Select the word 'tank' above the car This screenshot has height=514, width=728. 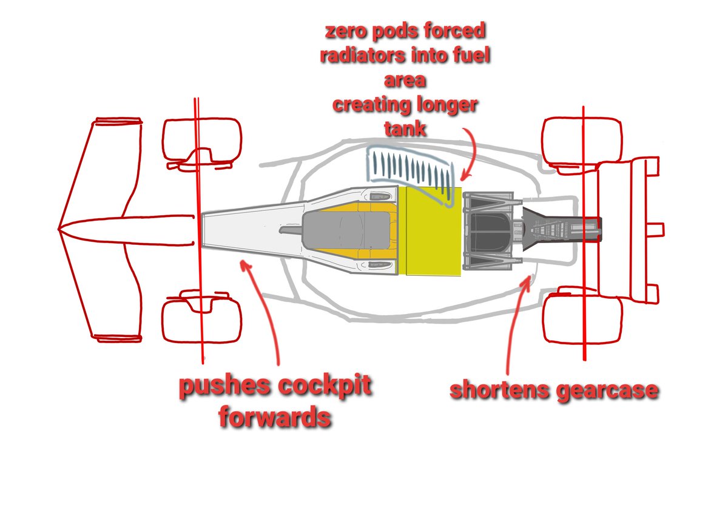[404, 129]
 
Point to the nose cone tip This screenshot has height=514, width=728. [61, 230]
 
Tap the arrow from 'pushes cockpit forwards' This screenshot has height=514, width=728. [267, 315]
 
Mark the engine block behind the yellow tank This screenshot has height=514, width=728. [488, 230]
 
